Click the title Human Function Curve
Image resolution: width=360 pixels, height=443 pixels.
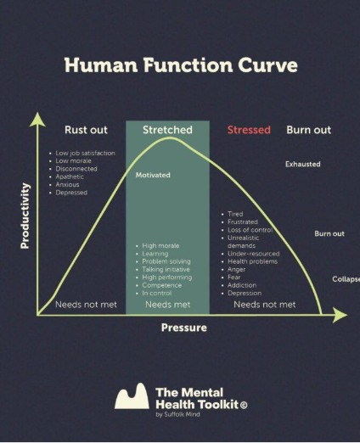(x=181, y=65)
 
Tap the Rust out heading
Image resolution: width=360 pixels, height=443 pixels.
(x=86, y=130)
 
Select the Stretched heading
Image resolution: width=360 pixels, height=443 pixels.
(x=167, y=130)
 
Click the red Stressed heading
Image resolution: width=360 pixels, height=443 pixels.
(x=249, y=130)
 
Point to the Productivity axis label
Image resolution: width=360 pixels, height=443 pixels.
(x=25, y=216)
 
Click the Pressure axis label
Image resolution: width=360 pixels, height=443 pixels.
(x=184, y=328)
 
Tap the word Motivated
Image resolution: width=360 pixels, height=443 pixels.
(x=153, y=175)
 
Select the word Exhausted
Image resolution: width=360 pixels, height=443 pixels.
(x=303, y=164)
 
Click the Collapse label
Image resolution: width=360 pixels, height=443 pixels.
(x=346, y=279)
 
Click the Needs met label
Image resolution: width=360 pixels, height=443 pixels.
(x=168, y=305)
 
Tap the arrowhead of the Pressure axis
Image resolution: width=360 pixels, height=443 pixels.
(x=340, y=315)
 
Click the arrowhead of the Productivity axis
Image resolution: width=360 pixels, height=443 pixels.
(x=37, y=120)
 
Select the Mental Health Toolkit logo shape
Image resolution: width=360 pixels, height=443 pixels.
(x=132, y=396)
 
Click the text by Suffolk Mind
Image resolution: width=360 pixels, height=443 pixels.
(x=177, y=414)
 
